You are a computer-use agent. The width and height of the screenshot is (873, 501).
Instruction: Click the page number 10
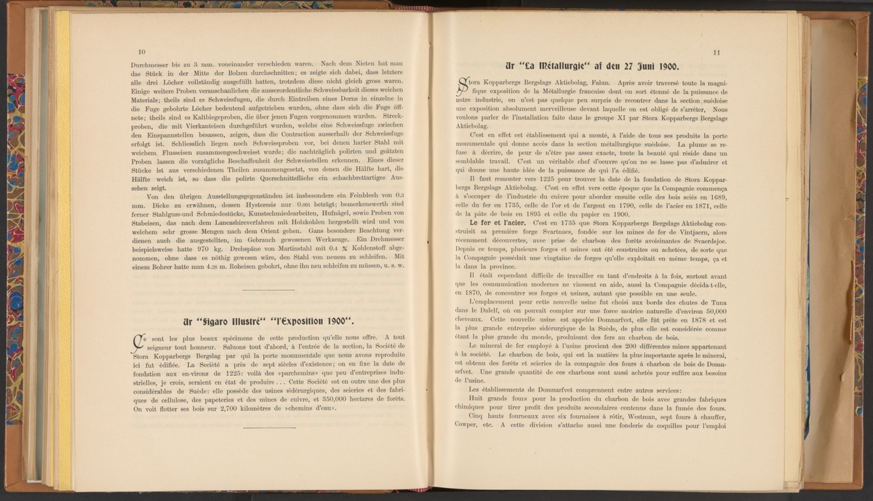140,52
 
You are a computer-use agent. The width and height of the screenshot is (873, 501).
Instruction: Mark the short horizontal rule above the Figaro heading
267,291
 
